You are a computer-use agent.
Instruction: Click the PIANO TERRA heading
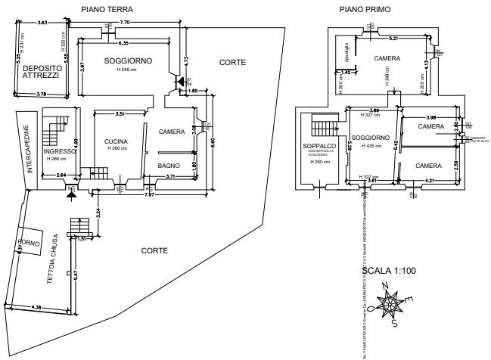tap(107, 9)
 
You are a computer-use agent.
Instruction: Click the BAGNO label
tap(168, 165)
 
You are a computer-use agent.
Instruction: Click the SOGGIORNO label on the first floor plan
tap(370, 138)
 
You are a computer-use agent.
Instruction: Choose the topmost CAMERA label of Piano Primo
tap(387, 57)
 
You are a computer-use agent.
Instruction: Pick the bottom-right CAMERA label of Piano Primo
tap(428, 164)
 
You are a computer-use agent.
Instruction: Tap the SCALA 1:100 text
tap(390, 270)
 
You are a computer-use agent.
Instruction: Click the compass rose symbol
tap(392, 303)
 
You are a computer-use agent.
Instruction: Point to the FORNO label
tap(30, 244)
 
